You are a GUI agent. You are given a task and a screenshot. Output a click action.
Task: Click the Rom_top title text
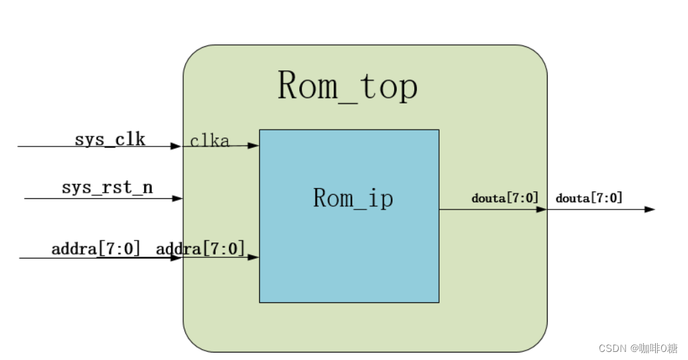348,86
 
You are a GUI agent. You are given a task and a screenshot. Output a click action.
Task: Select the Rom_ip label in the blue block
353,198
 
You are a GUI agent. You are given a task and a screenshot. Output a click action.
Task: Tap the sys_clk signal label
110,140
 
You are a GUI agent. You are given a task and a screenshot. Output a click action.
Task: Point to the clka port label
209,141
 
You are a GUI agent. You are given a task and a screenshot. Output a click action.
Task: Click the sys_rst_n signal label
107,187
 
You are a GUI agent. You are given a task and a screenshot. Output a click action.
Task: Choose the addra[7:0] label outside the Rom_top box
96,249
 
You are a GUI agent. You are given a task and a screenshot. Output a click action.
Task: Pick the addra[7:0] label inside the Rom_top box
200,249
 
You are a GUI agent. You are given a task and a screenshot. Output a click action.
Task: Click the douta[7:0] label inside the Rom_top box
505,198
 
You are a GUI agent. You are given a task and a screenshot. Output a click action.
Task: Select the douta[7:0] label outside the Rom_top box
589,198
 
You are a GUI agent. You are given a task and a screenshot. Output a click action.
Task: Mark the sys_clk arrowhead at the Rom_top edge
177,146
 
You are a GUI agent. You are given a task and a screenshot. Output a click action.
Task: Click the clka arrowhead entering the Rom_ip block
254,145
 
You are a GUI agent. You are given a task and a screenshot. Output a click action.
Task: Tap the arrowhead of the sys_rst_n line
178,199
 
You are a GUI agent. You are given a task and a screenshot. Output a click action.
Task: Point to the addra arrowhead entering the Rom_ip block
254,257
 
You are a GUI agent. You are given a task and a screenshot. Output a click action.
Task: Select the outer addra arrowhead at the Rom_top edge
176,258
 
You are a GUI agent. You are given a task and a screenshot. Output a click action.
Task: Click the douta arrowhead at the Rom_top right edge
542,210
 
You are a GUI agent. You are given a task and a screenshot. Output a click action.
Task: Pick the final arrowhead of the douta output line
649,210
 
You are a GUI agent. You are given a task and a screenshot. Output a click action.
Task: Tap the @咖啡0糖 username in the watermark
652,349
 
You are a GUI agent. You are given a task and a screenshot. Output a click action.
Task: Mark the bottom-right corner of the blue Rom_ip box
438,302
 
